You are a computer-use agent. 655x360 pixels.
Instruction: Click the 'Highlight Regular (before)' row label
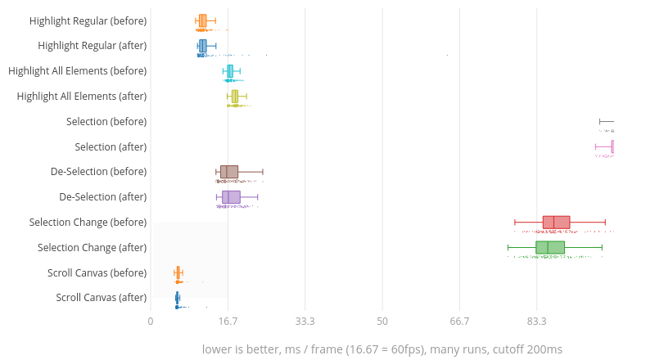[x=88, y=20]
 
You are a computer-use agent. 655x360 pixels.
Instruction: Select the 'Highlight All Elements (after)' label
[x=82, y=97]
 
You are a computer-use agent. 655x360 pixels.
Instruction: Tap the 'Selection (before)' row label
[x=106, y=122]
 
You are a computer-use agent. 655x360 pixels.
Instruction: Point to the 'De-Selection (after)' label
[x=103, y=197]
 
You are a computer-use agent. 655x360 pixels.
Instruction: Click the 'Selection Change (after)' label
[x=93, y=247]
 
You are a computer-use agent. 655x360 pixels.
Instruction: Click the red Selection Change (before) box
[x=556, y=223]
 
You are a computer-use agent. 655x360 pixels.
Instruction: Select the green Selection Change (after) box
[x=550, y=248]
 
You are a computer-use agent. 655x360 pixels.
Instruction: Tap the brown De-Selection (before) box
[x=229, y=172]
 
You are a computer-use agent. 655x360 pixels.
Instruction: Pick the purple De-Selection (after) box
[x=231, y=197]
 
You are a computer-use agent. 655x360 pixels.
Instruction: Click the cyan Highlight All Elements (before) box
[x=230, y=71]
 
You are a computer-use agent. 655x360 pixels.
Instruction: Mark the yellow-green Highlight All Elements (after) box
[x=235, y=97]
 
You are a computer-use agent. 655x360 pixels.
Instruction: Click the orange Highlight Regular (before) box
[x=202, y=20]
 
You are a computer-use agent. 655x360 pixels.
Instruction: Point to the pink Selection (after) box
[x=612, y=147]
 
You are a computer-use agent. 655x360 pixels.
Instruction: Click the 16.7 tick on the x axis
[x=228, y=322]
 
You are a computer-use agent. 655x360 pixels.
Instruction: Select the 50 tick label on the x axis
[x=382, y=322]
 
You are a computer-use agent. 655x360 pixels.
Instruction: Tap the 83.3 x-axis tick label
[x=537, y=322]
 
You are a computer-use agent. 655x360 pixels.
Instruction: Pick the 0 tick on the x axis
[x=151, y=322]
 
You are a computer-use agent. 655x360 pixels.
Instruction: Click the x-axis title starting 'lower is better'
[x=382, y=349]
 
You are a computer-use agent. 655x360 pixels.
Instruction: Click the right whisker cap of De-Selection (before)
[x=263, y=172]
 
